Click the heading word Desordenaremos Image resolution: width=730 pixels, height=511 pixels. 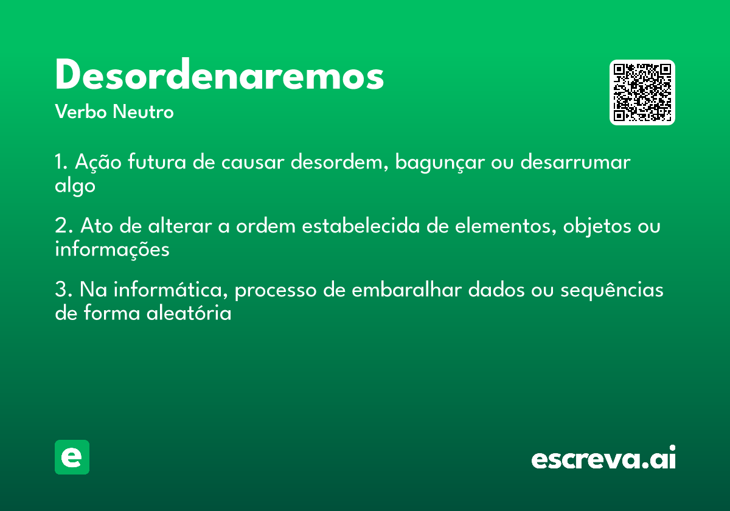click(x=220, y=74)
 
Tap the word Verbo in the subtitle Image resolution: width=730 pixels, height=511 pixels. click(x=81, y=112)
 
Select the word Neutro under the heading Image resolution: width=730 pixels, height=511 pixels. click(x=143, y=112)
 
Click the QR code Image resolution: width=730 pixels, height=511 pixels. click(x=642, y=92)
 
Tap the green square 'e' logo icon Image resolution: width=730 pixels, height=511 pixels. click(x=72, y=457)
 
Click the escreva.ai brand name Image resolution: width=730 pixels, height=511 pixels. click(x=603, y=457)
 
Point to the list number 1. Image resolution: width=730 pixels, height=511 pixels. click(x=61, y=162)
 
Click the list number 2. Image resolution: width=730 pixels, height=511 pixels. click(x=63, y=226)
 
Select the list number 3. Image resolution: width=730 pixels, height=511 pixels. click(x=63, y=290)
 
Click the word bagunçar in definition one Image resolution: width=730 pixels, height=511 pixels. click(x=440, y=162)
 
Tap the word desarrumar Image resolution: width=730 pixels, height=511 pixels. click(x=575, y=162)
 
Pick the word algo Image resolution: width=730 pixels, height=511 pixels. click(x=75, y=186)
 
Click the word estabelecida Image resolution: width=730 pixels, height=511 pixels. click(x=361, y=225)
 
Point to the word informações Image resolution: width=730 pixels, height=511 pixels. click(x=112, y=249)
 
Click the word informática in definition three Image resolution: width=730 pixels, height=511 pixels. click(x=170, y=290)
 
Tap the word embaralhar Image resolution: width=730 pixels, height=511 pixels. click(x=407, y=289)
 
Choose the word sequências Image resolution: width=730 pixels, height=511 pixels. click(x=612, y=290)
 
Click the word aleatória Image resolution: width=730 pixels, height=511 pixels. click(x=189, y=313)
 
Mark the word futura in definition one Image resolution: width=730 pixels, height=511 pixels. click(x=157, y=161)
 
